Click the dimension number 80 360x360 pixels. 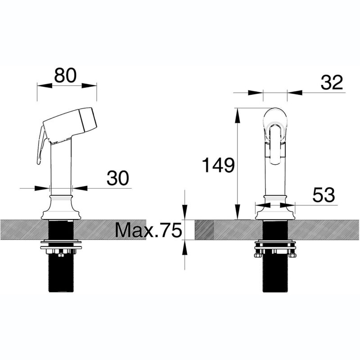[65, 75]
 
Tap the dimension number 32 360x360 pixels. [332, 82]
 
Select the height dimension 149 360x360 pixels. [218, 165]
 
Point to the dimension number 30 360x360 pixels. [118, 178]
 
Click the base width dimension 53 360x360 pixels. [324, 195]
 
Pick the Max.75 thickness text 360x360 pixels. [148, 230]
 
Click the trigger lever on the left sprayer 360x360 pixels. [41, 144]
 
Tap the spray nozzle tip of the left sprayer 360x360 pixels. [88, 119]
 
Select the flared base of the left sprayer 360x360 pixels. [61, 207]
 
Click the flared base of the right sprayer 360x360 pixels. [275, 207]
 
